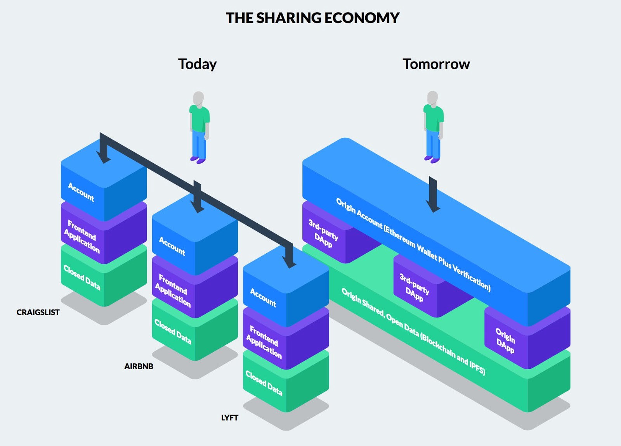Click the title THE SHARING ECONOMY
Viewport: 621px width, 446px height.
[312, 18]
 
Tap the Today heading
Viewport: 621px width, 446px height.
[197, 64]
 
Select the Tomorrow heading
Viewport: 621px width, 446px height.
[436, 64]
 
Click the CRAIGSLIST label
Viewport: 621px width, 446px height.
[38, 312]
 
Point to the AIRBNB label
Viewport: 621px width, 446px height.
[139, 366]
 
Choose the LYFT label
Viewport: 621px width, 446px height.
[229, 418]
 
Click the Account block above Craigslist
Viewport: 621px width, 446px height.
[82, 192]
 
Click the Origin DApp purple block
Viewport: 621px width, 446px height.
[505, 340]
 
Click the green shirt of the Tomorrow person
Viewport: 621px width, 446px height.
[433, 118]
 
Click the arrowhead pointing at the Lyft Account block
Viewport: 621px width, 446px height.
[289, 262]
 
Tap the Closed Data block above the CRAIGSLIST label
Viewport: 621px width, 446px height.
[82, 278]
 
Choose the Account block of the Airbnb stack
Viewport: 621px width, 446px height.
[172, 246]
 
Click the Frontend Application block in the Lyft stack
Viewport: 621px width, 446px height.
[264, 342]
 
